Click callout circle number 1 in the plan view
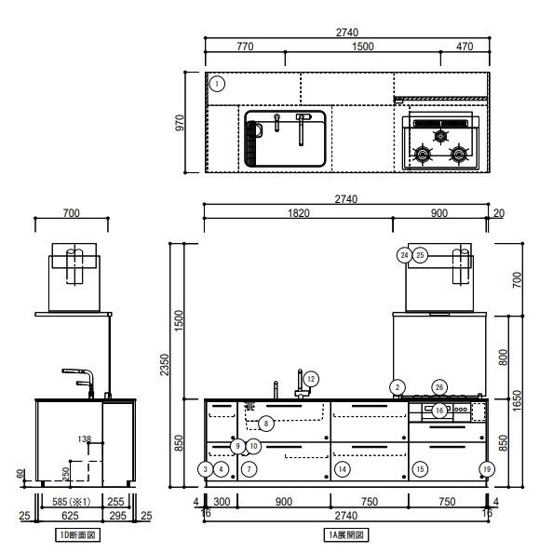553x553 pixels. [217, 84]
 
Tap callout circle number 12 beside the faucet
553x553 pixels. [311, 379]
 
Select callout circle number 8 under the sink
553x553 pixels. [266, 424]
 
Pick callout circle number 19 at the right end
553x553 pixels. [487, 469]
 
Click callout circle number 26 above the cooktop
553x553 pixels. [439, 387]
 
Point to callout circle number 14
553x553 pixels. [342, 469]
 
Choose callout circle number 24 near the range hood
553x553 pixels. [405, 255]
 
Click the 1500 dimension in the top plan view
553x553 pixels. [363, 47]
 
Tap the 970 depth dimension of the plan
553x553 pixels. [180, 122]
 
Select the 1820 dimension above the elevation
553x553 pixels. [299, 213]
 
